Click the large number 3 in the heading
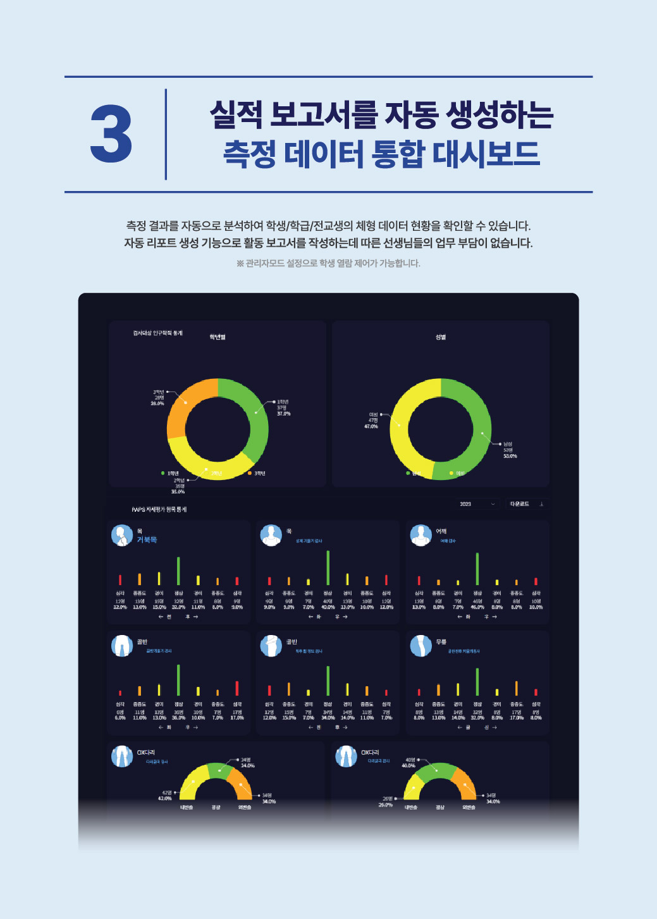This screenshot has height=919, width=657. pos(111,133)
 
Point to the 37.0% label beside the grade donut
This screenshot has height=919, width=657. pos(283,414)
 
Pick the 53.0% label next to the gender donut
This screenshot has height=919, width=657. pos(510,456)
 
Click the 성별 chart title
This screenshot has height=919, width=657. pos(441,337)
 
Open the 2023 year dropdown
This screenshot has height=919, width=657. pos(477,504)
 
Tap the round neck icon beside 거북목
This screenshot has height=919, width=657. pos(121,535)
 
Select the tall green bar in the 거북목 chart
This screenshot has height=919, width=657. pos(178,571)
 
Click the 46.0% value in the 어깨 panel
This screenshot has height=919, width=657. pos(477,607)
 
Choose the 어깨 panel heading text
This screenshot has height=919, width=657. pos(441,531)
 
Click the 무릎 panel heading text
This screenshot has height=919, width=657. pos(441,642)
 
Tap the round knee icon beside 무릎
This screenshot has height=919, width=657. pos(420,646)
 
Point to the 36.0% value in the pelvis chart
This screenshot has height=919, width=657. pos(178,718)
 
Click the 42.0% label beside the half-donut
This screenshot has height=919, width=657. pos(164,798)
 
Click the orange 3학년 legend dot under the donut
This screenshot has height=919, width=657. pos(249,473)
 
